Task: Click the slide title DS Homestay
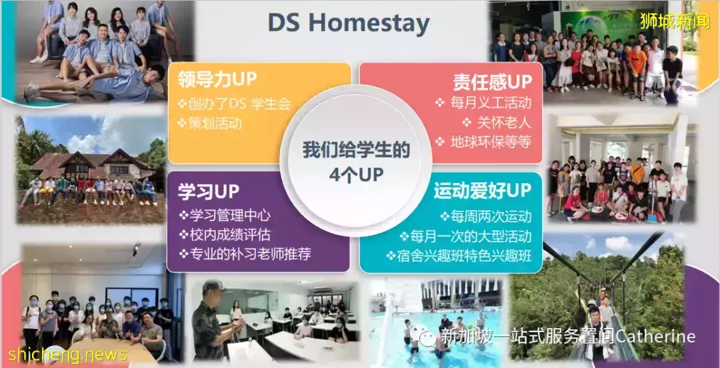coord(349,24)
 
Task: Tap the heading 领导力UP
coord(217,80)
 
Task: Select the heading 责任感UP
coord(492,82)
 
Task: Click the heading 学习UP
coord(209,192)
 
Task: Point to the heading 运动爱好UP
coord(482,190)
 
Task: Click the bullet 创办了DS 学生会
coord(235,104)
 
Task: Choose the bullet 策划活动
coord(210,123)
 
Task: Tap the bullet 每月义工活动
coord(483,102)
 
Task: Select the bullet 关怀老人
coord(497,122)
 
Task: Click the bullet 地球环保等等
coord(483,142)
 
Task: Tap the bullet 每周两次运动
coord(486,216)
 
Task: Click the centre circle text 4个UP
coord(356,176)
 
